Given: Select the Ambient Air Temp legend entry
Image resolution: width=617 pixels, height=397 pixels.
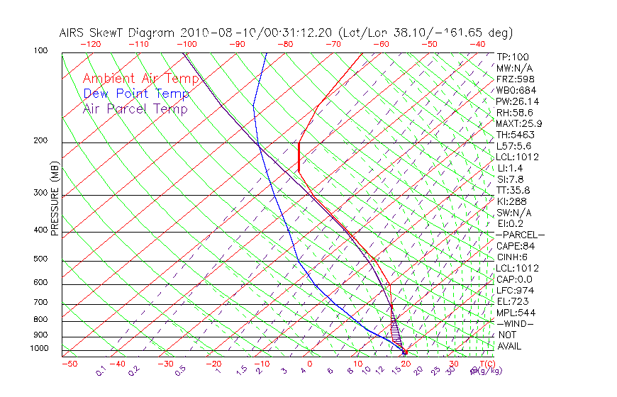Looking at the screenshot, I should click(140, 79).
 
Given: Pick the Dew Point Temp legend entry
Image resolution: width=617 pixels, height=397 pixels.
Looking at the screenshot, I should click(136, 94).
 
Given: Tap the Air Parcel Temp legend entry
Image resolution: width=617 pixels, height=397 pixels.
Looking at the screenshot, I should click(135, 108).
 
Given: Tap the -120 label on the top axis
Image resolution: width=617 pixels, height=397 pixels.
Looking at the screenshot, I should click(91, 44).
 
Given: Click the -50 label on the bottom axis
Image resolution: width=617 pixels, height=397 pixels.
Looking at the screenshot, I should click(69, 364).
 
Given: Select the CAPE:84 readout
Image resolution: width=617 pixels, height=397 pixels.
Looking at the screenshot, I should click(514, 246).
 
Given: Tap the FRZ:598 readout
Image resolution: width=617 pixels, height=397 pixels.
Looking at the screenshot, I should click(513, 79).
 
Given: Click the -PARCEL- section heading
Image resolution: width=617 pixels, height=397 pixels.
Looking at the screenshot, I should click(520, 235).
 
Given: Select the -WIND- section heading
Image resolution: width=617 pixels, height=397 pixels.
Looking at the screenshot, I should click(515, 323).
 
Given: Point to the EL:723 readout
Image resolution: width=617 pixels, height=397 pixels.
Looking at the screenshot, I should click(511, 301).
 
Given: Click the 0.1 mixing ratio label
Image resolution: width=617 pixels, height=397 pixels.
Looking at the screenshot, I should click(102, 371).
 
